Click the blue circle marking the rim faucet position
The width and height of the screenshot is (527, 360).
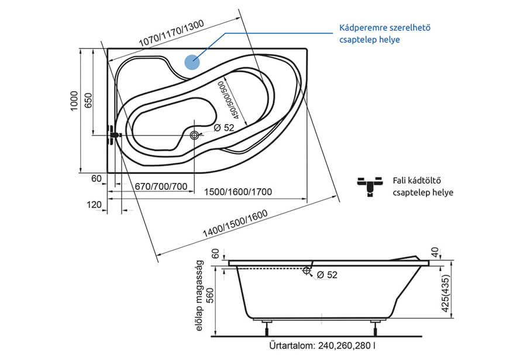click(192, 62)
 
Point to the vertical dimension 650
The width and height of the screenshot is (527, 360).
click(88, 101)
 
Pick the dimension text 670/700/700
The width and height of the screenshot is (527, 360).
click(161, 186)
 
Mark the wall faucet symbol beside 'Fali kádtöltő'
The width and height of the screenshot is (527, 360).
click(370, 186)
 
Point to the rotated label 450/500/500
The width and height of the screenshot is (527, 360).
click(227, 98)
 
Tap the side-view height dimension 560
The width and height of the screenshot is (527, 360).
click(215, 295)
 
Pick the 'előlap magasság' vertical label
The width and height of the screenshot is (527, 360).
click(201, 298)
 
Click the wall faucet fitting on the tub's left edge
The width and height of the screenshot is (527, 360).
click(113, 136)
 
